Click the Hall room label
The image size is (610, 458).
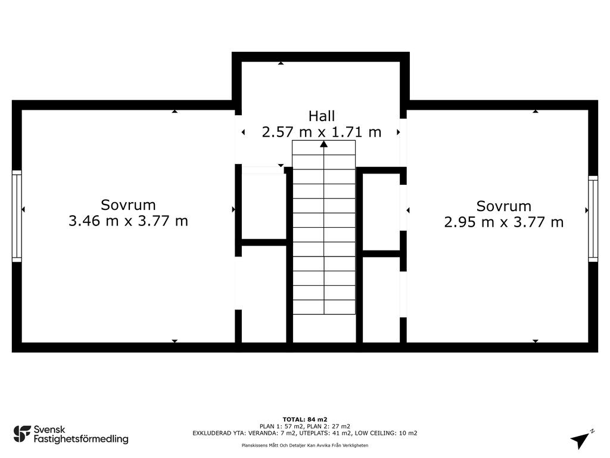click(321, 116)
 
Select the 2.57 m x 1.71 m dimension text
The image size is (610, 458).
click(321, 132)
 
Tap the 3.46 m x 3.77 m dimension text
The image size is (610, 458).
click(129, 221)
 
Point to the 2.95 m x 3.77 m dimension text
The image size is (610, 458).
click(504, 222)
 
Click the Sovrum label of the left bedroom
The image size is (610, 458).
click(129, 205)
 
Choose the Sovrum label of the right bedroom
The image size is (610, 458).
click(504, 206)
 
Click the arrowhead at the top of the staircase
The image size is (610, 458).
click(323, 144)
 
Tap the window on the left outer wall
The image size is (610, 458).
click(17, 216)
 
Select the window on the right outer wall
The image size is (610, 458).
click(593, 218)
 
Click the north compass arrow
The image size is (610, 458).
click(580, 440)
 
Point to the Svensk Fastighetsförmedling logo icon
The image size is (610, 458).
click(22, 434)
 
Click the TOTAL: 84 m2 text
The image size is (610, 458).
click(305, 419)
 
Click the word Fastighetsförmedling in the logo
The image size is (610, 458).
click(81, 439)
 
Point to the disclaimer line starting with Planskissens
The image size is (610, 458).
click(305, 445)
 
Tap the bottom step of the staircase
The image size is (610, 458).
click(323, 307)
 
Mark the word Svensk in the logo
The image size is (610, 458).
click(49, 429)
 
